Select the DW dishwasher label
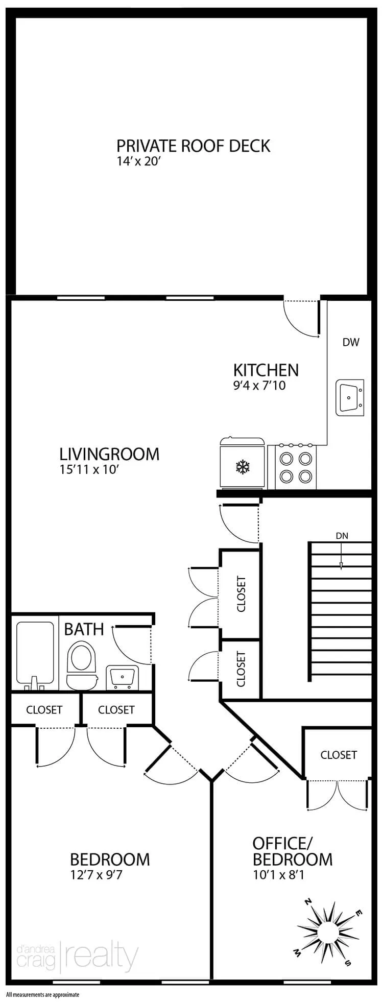pyautogui.click(x=351, y=342)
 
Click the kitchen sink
pyautogui.click(x=350, y=397)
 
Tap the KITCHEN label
pyautogui.click(x=266, y=370)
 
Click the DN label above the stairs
pyautogui.click(x=342, y=536)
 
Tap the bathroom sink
pyautogui.click(x=122, y=677)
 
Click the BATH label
pyautogui.click(x=84, y=629)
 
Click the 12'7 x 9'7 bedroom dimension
pyautogui.click(x=97, y=875)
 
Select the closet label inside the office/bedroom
pyautogui.click(x=339, y=754)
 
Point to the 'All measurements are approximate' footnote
pyautogui.click(x=43, y=994)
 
